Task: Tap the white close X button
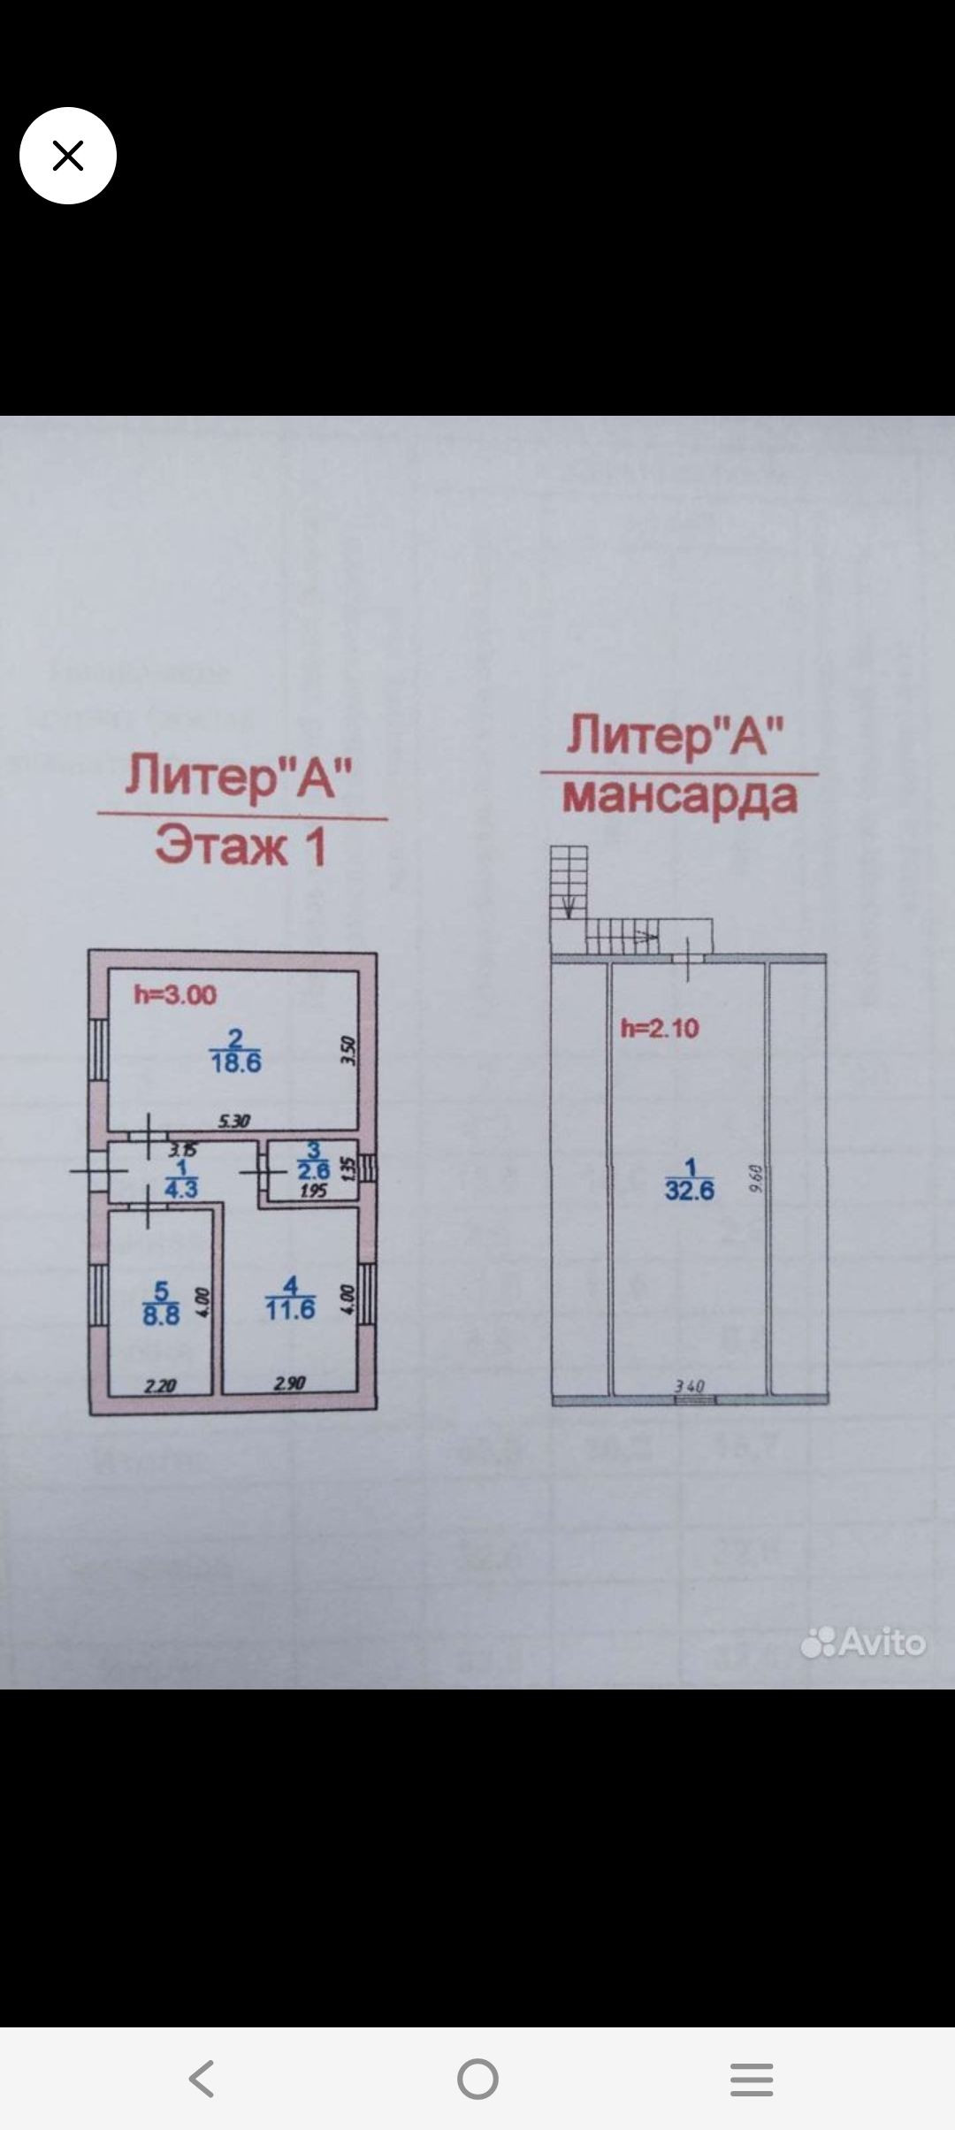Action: click(x=68, y=156)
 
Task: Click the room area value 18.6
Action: click(x=236, y=1062)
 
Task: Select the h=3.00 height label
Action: click(x=175, y=995)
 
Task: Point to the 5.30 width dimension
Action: click(x=234, y=1121)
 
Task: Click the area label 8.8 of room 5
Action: click(x=161, y=1314)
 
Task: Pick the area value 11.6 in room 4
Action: click(x=290, y=1309)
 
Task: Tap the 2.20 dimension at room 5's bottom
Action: click(x=160, y=1386)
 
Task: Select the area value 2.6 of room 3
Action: click(x=313, y=1171)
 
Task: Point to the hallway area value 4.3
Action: click(x=181, y=1190)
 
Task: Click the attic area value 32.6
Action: click(x=690, y=1191)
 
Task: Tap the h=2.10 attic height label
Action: click(x=660, y=1028)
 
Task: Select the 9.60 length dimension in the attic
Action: click(x=755, y=1178)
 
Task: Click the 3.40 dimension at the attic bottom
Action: click(x=690, y=1386)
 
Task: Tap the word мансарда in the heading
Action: click(x=680, y=797)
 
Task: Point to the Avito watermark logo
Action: click(x=863, y=1643)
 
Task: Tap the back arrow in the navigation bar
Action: click(x=202, y=2079)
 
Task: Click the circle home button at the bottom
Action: click(x=477, y=2079)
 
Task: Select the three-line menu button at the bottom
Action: click(x=752, y=2079)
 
